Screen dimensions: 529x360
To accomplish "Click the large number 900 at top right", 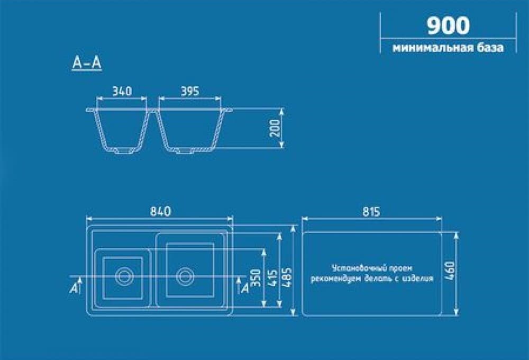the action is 448,25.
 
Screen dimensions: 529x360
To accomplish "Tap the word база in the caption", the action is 490,48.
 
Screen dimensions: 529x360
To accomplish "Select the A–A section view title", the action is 87,62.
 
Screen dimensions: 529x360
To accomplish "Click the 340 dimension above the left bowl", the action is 122,91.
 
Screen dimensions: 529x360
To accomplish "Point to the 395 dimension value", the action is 190,91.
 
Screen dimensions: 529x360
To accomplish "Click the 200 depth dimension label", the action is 275,128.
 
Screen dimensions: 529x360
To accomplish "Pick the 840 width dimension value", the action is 160,211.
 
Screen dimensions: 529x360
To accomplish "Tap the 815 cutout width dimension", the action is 371,212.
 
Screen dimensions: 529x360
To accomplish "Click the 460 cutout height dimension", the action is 450,271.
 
